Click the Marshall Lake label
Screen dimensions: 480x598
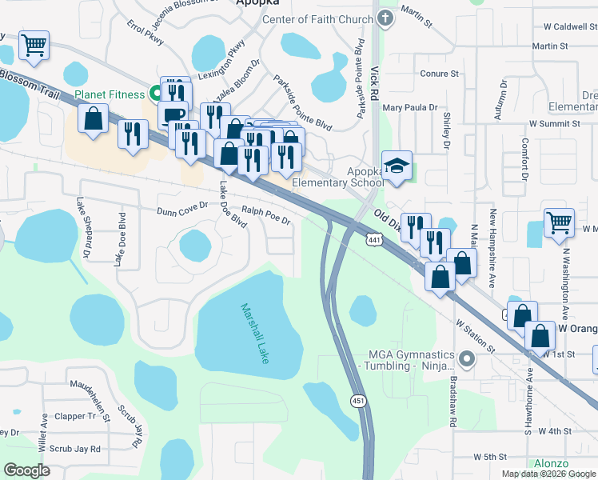click(257, 333)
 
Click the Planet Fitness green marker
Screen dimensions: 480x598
click(154, 94)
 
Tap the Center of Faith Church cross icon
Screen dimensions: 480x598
click(385, 18)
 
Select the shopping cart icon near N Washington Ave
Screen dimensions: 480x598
click(559, 223)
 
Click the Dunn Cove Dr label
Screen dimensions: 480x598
click(181, 210)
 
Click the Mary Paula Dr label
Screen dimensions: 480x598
click(410, 107)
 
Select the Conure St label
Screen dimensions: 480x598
click(440, 74)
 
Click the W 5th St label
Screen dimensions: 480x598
click(492, 457)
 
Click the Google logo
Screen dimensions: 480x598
click(26, 470)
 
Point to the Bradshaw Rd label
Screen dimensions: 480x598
click(452, 402)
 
